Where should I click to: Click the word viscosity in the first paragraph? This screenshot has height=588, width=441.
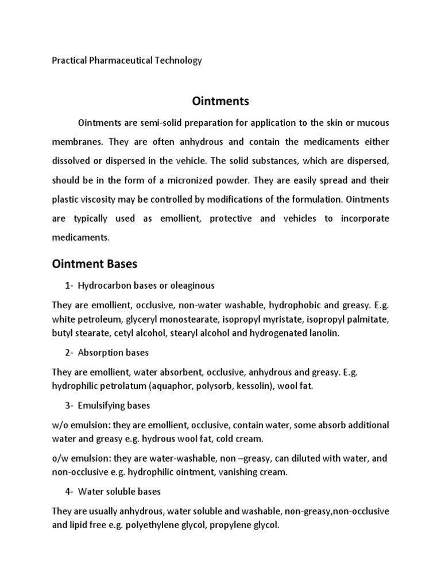[x=100, y=199]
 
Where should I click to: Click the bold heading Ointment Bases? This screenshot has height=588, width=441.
[x=95, y=264]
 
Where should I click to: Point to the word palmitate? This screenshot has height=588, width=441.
[x=369, y=319]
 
